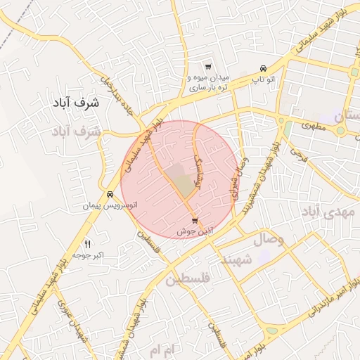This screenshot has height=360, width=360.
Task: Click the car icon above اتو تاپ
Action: click(x=262, y=69)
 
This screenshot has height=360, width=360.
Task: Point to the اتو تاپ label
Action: click(x=262, y=80)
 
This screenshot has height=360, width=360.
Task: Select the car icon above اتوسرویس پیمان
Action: click(x=110, y=194)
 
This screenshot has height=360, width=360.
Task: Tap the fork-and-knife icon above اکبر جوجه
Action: click(x=88, y=243)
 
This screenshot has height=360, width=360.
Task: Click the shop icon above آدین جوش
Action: click(x=194, y=221)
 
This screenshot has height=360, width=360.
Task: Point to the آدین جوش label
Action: click(x=194, y=231)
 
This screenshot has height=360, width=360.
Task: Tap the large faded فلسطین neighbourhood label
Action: click(x=191, y=280)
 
